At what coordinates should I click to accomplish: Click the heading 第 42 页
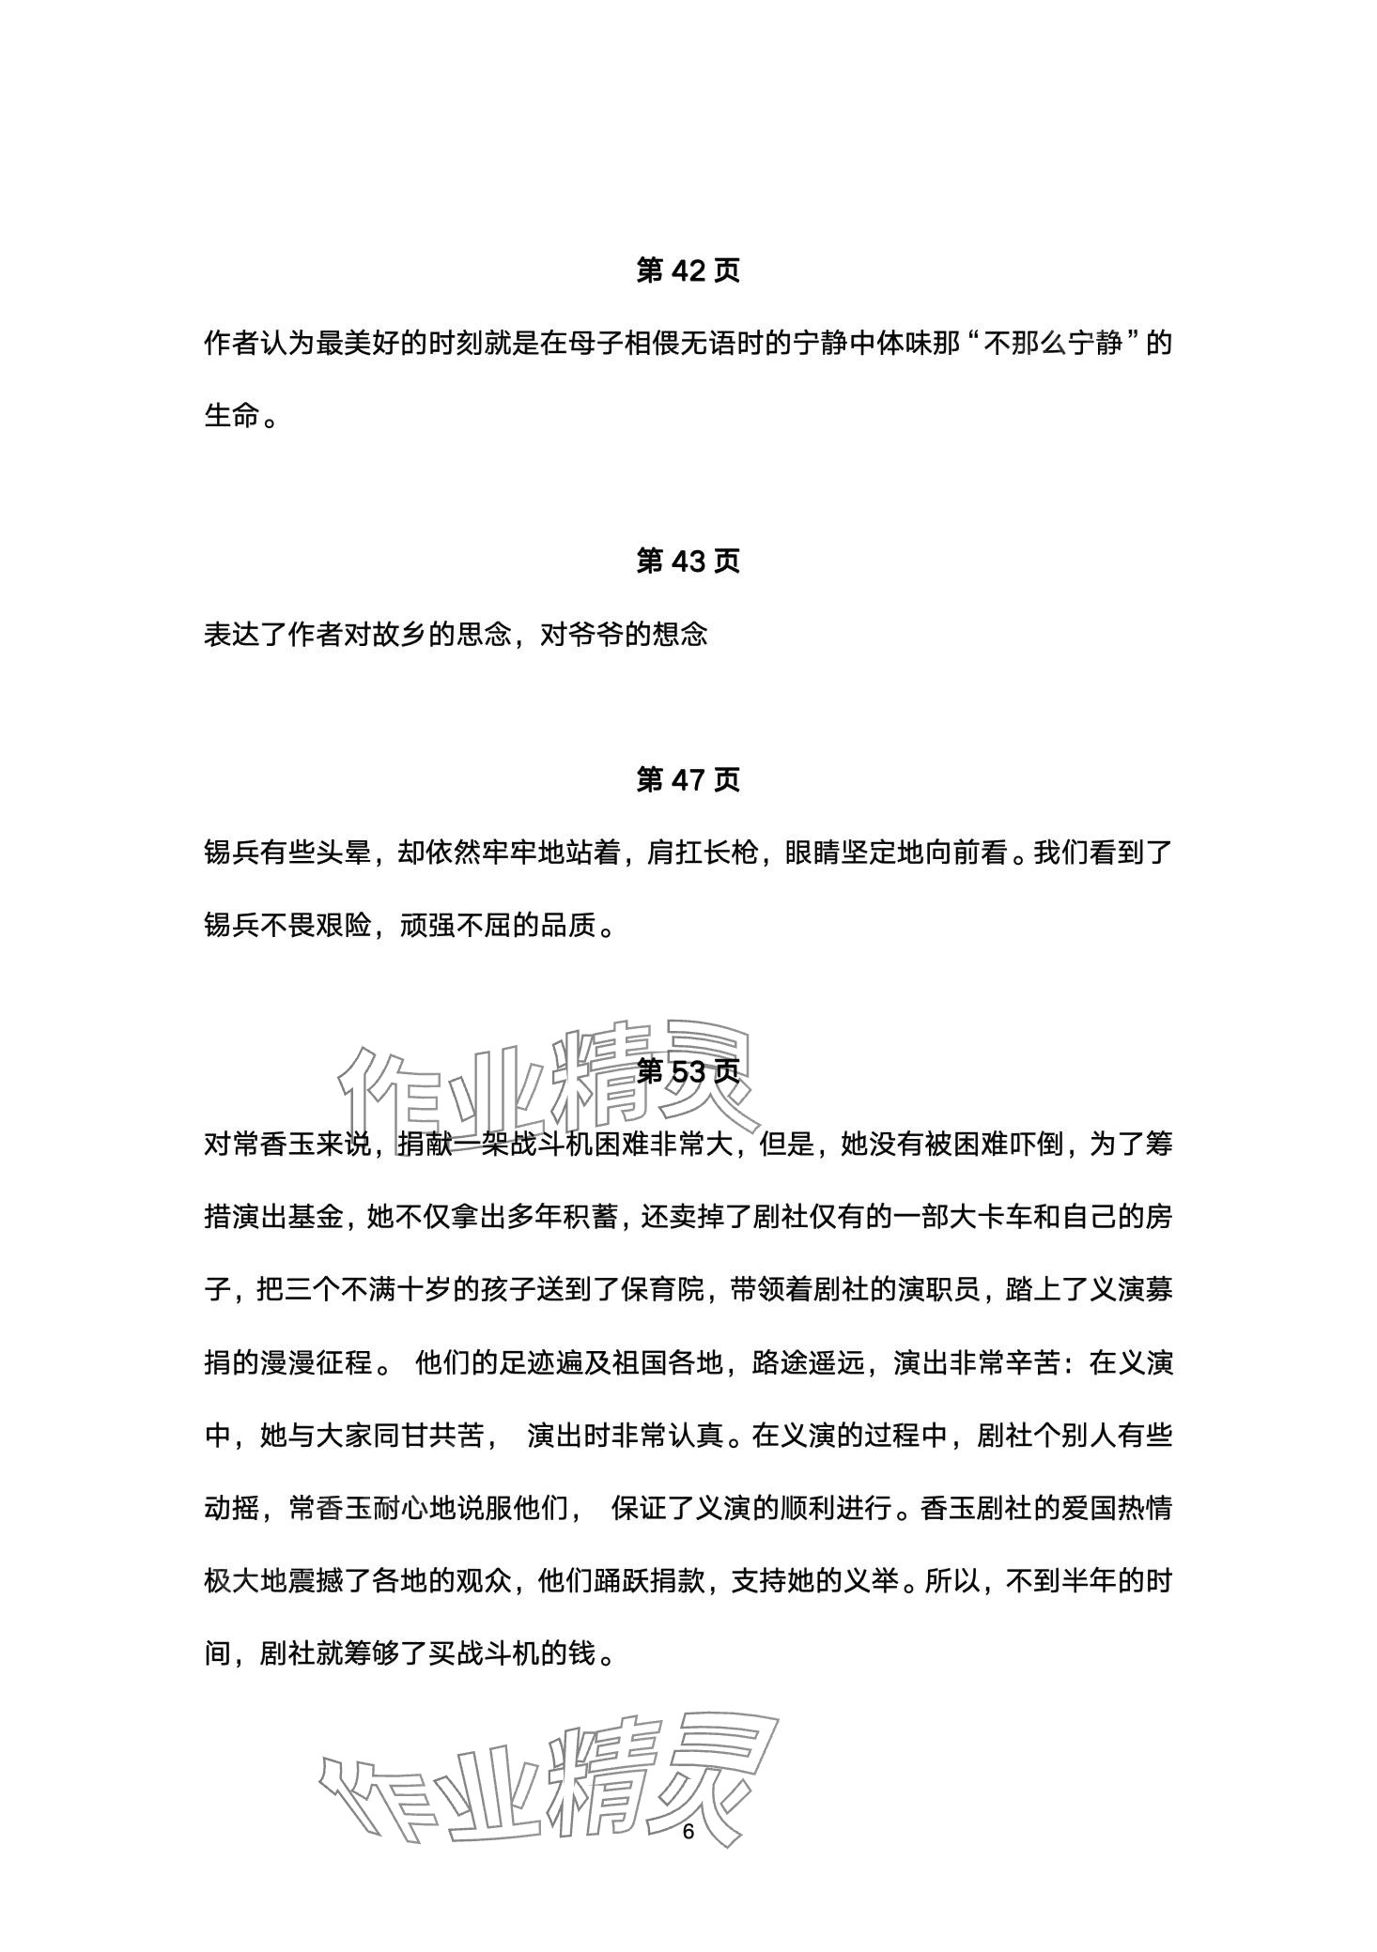coord(688,270)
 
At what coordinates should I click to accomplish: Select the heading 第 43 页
coord(688,561)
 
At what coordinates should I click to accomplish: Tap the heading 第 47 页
coord(688,779)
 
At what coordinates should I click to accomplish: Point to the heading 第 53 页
coord(688,1071)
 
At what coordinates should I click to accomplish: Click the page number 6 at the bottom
coord(688,1832)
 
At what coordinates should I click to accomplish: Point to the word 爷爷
coord(595,635)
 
